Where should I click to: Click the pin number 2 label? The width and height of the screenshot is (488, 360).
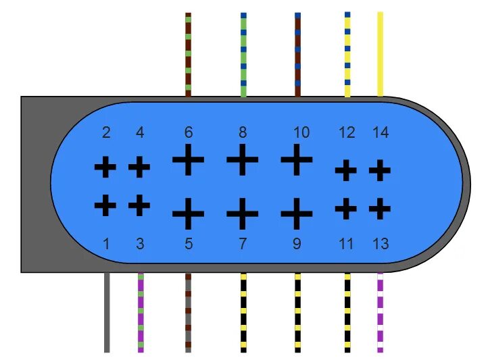tap(106, 132)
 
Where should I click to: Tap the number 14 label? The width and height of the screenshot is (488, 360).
tap(381, 132)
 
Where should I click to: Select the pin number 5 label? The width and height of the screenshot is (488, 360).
tap(189, 244)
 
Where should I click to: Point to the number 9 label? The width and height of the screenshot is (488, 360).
tap(296, 244)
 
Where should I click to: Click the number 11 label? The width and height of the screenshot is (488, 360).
tap(346, 244)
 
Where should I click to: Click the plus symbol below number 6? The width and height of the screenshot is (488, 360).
tap(189, 161)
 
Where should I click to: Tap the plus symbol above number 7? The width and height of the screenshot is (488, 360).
tap(242, 214)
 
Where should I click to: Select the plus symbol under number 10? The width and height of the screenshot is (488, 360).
tap(296, 160)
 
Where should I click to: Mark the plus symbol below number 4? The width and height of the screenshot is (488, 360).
tap(139, 167)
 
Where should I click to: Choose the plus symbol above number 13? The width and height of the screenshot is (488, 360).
tap(380, 208)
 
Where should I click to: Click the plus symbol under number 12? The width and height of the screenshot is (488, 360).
tap(346, 170)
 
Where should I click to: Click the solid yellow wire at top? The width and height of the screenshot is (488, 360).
tap(380, 54)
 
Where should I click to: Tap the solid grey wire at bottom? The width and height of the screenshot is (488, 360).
tap(107, 312)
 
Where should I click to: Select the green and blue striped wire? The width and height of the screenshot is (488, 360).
tap(243, 54)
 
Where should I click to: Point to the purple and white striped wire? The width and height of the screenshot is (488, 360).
tap(380, 312)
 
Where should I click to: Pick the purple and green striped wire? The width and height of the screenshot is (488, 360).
tap(141, 312)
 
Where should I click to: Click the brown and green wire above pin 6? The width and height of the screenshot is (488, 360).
tap(188, 54)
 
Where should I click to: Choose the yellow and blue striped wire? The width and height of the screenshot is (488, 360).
tap(347, 54)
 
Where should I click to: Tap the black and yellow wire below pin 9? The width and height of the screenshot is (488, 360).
tap(297, 312)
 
